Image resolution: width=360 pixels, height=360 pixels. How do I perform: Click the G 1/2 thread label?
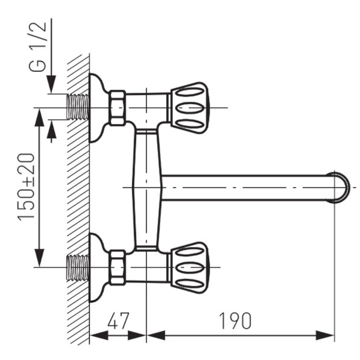tap(38, 47)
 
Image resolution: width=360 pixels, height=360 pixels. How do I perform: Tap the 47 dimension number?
tap(118, 320)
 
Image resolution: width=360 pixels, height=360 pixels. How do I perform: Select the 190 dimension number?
tap(235, 320)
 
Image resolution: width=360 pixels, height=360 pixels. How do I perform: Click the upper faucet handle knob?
tap(190, 108)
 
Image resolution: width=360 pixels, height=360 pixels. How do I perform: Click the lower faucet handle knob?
tap(190, 268)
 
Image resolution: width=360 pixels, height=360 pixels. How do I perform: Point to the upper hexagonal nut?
tap(117, 108)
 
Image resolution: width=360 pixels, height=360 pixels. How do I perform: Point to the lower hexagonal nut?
tap(117, 268)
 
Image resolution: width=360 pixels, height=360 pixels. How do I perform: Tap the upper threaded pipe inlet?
tap(78, 107)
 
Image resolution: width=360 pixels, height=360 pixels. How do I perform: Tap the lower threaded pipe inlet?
tap(78, 268)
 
